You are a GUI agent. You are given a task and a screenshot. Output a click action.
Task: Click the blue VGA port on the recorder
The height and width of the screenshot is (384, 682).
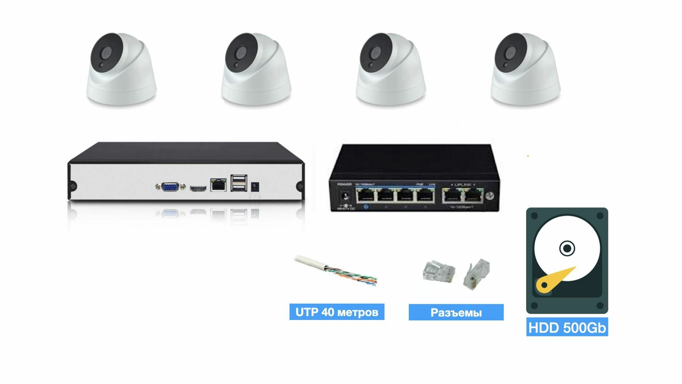(x=170, y=187)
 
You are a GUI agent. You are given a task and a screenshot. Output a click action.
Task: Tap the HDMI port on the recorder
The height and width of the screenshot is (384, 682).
(x=198, y=188)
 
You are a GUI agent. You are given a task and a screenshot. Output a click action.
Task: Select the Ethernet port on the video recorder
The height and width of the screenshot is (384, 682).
(x=218, y=185)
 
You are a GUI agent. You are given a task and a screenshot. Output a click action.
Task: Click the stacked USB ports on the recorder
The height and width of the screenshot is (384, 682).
(x=238, y=183)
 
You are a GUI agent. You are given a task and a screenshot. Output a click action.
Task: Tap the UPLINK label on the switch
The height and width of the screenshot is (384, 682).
(x=462, y=185)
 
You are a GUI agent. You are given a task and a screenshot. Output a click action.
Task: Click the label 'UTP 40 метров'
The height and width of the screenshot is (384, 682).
(x=337, y=312)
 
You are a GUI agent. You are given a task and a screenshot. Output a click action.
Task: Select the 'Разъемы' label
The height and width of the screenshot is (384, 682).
(x=456, y=313)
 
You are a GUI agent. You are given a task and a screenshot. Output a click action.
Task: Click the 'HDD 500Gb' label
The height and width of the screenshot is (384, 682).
(x=567, y=327)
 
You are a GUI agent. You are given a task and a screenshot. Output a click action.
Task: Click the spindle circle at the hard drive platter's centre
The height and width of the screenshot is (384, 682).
(x=567, y=248)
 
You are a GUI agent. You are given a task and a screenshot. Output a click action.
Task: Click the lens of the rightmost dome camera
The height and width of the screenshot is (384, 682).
(x=511, y=54)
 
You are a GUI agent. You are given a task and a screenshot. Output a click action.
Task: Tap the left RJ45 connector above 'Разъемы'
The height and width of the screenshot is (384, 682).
(x=438, y=272)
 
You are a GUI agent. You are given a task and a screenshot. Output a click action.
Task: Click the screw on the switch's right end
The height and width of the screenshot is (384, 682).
(x=490, y=195)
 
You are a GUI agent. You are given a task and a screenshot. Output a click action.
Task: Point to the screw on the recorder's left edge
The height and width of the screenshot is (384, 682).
(x=73, y=186)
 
